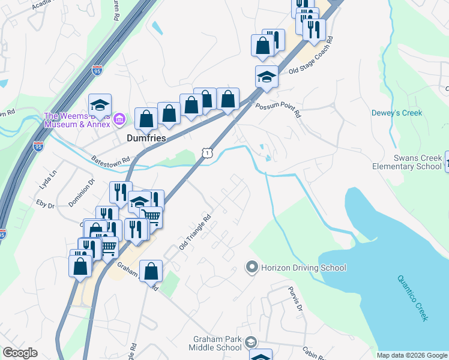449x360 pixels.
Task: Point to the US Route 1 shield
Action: (x=207, y=154)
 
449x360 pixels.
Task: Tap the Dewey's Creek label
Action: (x=397, y=113)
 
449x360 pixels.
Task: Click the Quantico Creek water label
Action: (x=413, y=298)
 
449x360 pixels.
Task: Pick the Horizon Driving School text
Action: (x=304, y=268)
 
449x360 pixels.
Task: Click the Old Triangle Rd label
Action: (x=195, y=232)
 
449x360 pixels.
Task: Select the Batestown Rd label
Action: (x=110, y=161)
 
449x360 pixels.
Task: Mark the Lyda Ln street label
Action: (x=47, y=181)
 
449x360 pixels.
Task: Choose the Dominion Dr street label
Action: (x=82, y=192)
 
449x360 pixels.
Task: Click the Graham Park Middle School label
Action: (x=215, y=343)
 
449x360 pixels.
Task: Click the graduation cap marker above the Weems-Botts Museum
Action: (x=100, y=105)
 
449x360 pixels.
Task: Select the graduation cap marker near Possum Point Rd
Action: (x=267, y=77)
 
